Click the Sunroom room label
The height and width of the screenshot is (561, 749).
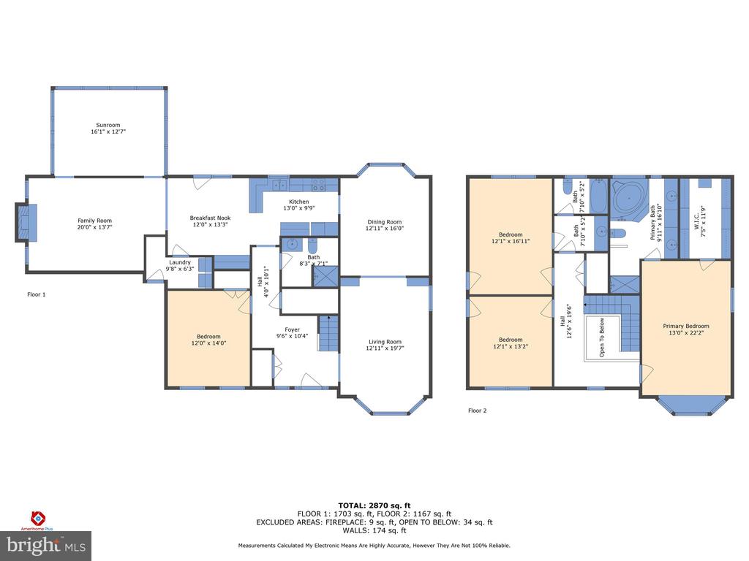[x=108, y=125]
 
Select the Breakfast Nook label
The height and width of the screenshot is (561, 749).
[x=210, y=218]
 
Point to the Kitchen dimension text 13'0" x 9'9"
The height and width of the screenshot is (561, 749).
[x=299, y=208]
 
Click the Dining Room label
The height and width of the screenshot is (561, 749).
[x=385, y=222]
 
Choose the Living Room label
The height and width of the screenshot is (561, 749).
[x=385, y=342]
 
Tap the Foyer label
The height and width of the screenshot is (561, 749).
[x=293, y=329]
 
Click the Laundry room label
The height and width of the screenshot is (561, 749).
[x=180, y=262]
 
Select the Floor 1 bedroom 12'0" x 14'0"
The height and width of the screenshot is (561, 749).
[x=208, y=340]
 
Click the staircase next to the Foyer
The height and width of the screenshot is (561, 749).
[x=328, y=333]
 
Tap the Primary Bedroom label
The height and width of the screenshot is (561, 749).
[x=686, y=327]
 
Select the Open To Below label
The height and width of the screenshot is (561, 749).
[x=602, y=337]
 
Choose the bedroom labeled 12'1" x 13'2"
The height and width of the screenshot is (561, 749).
[x=511, y=342]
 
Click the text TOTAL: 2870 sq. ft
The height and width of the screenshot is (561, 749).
[x=374, y=505]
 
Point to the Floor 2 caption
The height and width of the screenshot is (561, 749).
[x=477, y=411]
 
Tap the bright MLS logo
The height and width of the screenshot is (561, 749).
[x=46, y=546]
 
